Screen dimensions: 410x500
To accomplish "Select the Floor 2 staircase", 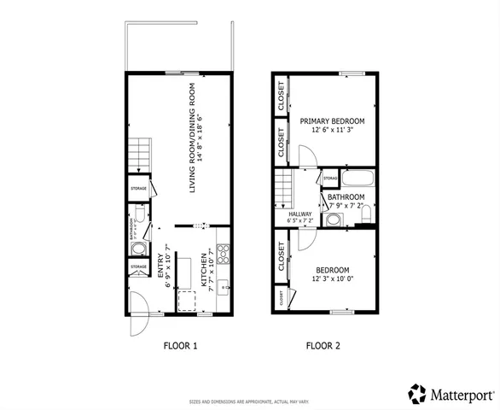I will coord(284,190).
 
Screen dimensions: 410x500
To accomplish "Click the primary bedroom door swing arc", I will coord(309,155).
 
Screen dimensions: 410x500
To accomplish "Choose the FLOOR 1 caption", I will coord(180,346).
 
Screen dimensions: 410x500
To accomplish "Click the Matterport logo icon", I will coord(416,393).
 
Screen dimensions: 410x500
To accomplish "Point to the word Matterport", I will coord(461,394).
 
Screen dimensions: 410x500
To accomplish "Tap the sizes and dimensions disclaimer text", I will coord(250,401).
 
